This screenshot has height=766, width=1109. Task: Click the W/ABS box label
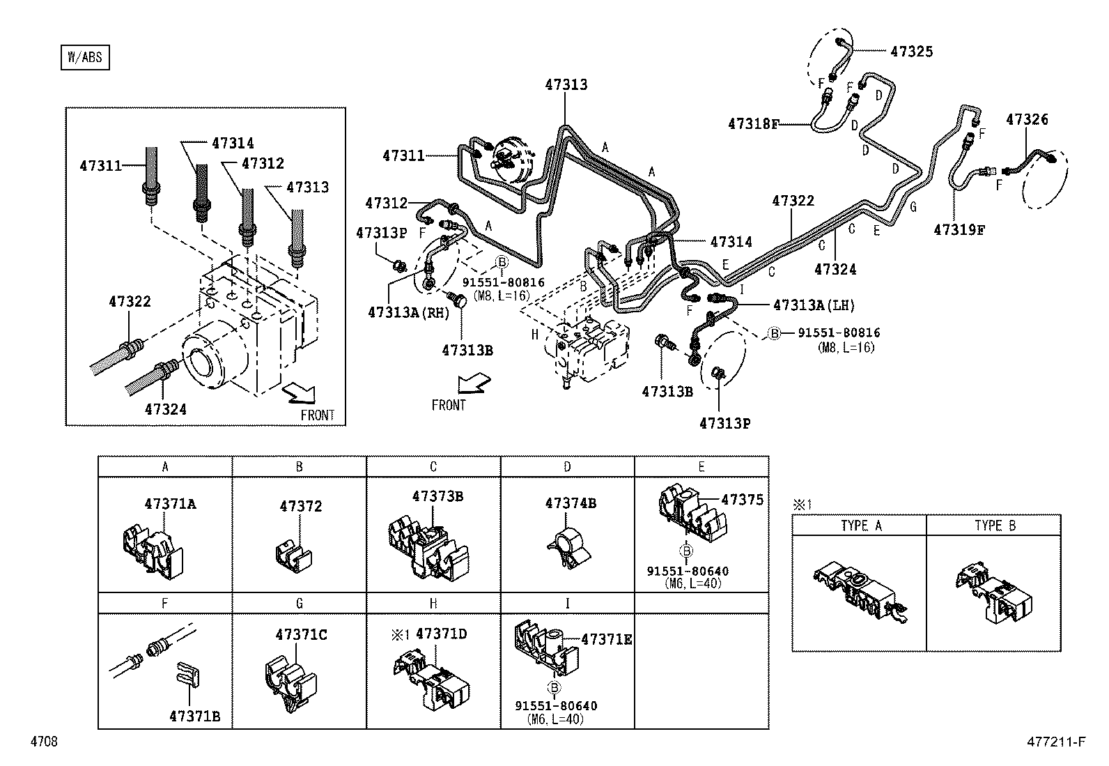point(84,57)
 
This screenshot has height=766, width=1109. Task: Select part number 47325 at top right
point(911,51)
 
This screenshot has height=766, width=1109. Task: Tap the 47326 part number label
point(1027,120)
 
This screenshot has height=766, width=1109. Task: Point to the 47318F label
point(753,124)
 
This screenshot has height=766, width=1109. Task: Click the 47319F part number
point(959,229)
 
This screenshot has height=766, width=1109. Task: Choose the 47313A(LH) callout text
point(814,305)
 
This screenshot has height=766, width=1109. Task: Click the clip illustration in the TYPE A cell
point(859,593)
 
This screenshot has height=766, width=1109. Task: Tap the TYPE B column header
point(994,526)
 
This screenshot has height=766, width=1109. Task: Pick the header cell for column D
point(567,466)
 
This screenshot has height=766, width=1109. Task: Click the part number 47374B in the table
point(571,503)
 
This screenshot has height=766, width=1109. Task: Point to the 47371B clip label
point(194,716)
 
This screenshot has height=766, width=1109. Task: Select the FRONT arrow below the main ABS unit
point(474,384)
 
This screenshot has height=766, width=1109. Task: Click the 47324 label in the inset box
point(166,409)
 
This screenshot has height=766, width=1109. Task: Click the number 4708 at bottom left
point(44,742)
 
